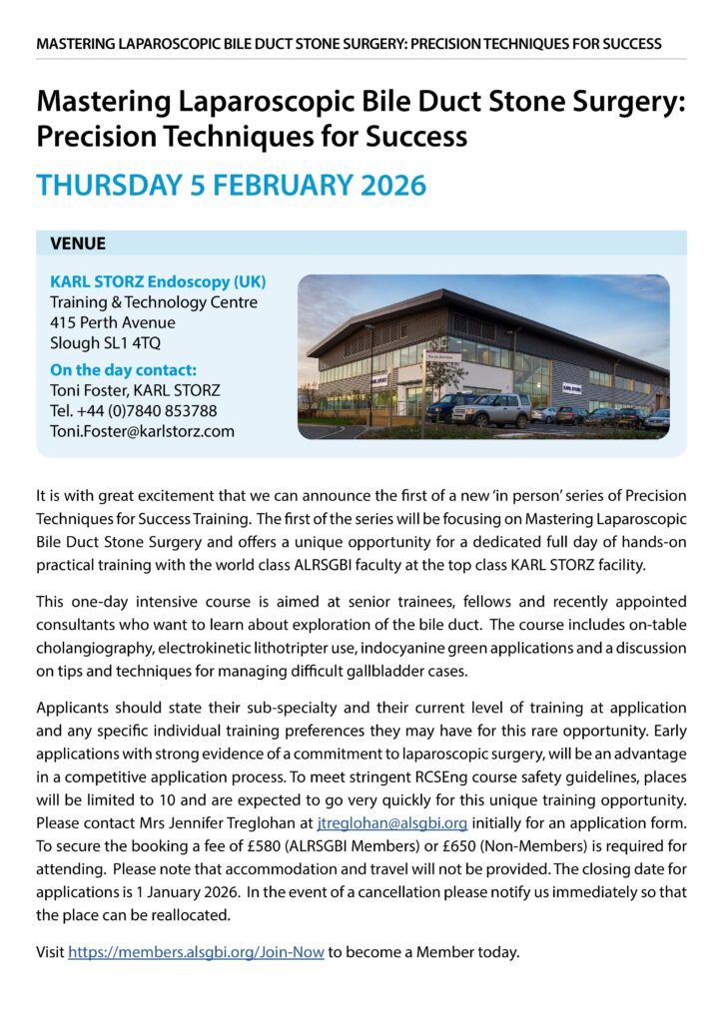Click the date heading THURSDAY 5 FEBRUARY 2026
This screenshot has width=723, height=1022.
pyautogui.click(x=231, y=186)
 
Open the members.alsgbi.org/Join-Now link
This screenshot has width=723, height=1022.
pyautogui.click(x=196, y=951)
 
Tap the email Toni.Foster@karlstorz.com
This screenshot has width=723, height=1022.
pyautogui.click(x=142, y=431)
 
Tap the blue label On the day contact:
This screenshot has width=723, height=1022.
pyautogui.click(x=123, y=369)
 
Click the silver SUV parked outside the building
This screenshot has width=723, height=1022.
pyautogui.click(x=494, y=408)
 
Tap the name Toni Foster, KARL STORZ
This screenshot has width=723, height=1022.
pyautogui.click(x=135, y=390)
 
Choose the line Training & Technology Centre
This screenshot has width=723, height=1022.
pyautogui.click(x=154, y=302)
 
